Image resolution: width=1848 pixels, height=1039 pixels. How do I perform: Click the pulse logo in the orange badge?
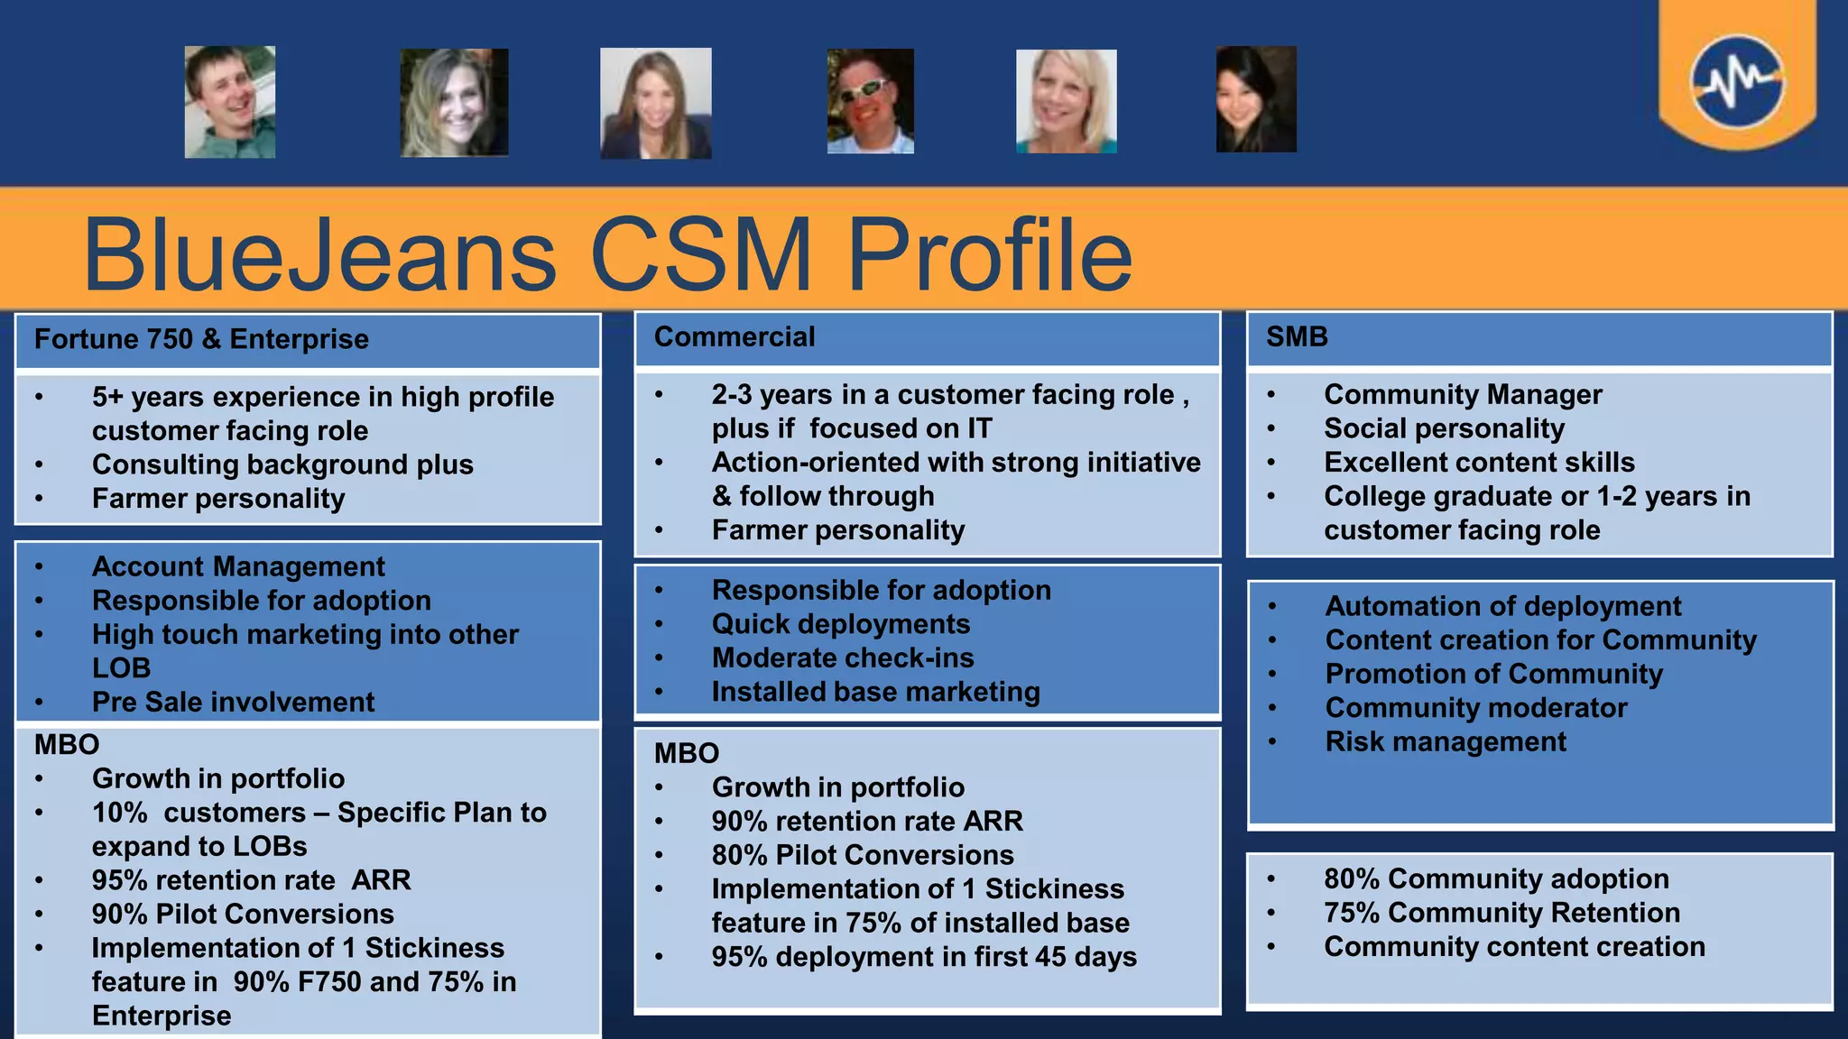[1737, 82]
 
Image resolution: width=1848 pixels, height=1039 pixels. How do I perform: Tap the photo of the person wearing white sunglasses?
[870, 101]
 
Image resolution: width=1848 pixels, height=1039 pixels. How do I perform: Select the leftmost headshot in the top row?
[230, 102]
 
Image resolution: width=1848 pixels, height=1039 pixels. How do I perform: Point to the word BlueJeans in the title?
[320, 255]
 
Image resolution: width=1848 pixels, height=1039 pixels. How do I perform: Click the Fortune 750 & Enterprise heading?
[201, 339]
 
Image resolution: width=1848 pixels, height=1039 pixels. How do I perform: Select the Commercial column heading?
[735, 336]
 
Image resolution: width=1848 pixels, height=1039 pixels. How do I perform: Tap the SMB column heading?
[1297, 336]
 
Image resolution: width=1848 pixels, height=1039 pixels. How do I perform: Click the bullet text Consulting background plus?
[282, 464]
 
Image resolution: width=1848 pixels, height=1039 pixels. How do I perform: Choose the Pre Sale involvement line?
[233, 702]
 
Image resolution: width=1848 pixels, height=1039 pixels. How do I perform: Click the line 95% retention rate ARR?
[251, 879]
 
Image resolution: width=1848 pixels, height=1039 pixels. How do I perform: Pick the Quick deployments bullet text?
[841, 624]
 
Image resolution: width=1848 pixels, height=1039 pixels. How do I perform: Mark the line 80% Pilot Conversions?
[863, 855]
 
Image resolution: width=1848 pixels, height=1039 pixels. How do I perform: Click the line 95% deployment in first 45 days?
[924, 957]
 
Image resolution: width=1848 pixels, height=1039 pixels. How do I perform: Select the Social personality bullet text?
[1444, 428]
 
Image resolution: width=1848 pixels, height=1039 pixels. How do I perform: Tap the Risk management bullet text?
[1446, 741]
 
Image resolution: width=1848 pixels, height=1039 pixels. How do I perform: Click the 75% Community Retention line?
[1501, 913]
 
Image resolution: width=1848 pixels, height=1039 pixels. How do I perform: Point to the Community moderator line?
[1476, 708]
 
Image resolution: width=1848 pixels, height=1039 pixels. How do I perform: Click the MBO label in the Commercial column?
[687, 753]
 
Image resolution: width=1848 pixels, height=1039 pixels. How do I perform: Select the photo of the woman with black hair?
[1256, 99]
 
